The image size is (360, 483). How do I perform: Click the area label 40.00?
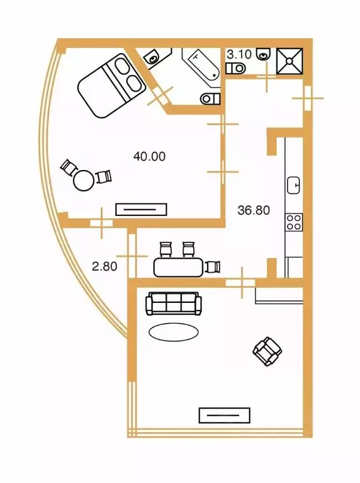coord(149,156)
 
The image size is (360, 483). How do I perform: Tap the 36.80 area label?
coord(254,210)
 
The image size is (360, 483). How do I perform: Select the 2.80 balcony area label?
coord(104,266)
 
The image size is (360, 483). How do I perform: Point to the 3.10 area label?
coord(239,55)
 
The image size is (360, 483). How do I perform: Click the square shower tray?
coord(290,61)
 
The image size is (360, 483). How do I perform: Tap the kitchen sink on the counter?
coord(294,186)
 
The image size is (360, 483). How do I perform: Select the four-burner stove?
coord(294,222)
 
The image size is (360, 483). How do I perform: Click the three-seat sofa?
coord(174,304)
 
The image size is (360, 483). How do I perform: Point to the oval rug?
coord(173,331)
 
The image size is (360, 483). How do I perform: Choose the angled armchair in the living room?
coord(267,351)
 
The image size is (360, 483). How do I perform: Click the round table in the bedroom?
coord(84,180)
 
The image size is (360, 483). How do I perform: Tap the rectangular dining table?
coord(179,268)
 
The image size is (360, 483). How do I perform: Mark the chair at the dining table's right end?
coord(213,267)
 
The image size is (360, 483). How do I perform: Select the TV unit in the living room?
coord(225,415)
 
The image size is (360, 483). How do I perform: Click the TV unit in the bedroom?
coord(141,210)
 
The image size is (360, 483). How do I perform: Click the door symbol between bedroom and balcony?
coord(102,223)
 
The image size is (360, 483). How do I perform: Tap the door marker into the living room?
coord(242,283)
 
